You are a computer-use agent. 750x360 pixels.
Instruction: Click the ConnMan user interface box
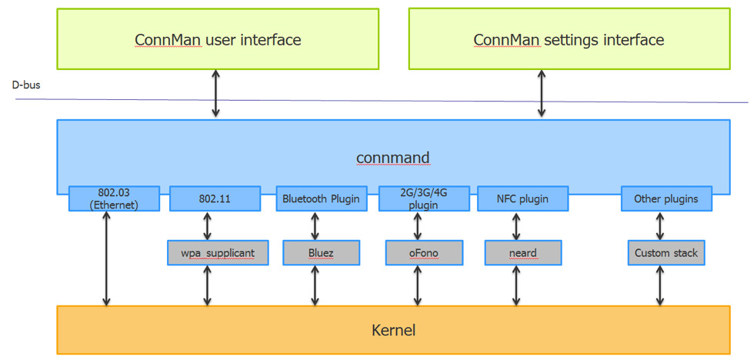(x=218, y=39)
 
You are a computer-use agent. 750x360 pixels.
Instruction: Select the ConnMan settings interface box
(x=568, y=39)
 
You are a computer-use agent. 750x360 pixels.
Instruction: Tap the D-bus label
(x=26, y=85)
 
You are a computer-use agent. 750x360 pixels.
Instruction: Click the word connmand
(x=392, y=158)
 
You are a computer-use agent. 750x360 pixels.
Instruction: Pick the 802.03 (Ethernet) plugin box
(x=114, y=198)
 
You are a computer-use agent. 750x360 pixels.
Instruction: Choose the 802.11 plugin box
(x=215, y=198)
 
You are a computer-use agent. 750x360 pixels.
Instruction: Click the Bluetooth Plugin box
(x=321, y=198)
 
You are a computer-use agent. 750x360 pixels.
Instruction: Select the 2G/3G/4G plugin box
(x=424, y=198)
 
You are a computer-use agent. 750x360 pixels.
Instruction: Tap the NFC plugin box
(x=523, y=198)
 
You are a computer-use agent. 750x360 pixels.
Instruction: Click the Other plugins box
(x=666, y=198)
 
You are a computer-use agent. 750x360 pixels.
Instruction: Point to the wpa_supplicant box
(x=218, y=252)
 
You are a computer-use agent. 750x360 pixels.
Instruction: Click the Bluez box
(x=320, y=252)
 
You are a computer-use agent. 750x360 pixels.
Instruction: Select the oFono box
(x=424, y=252)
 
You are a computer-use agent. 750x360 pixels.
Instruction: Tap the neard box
(x=523, y=252)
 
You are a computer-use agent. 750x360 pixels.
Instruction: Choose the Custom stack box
(x=666, y=252)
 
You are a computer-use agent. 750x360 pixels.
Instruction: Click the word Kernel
(x=393, y=330)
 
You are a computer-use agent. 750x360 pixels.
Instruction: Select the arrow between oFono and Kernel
(x=418, y=285)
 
